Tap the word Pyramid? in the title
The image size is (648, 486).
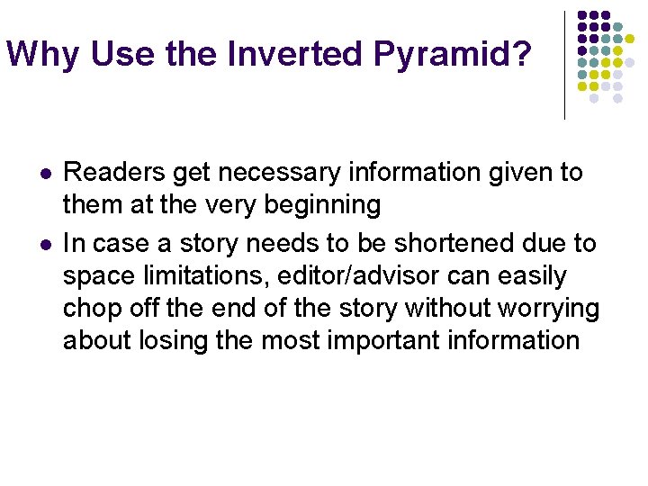click(452, 55)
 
